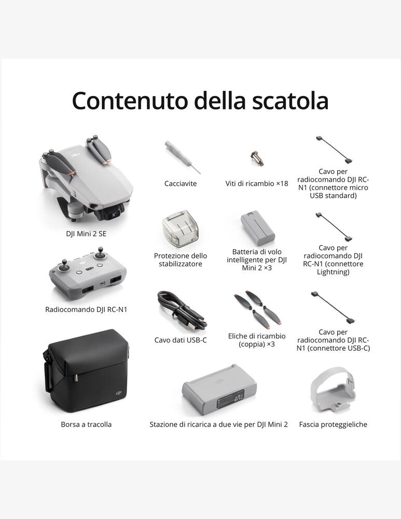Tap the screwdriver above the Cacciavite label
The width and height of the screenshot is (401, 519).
pyautogui.click(x=181, y=156)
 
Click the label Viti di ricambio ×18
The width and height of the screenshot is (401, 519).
pyautogui.click(x=256, y=184)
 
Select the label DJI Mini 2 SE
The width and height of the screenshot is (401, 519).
pyautogui.click(x=86, y=234)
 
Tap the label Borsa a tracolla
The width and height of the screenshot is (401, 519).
pyautogui.click(x=86, y=425)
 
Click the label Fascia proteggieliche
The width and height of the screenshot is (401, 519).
pyautogui.click(x=333, y=425)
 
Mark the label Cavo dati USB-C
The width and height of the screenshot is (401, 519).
pyautogui.click(x=181, y=340)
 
